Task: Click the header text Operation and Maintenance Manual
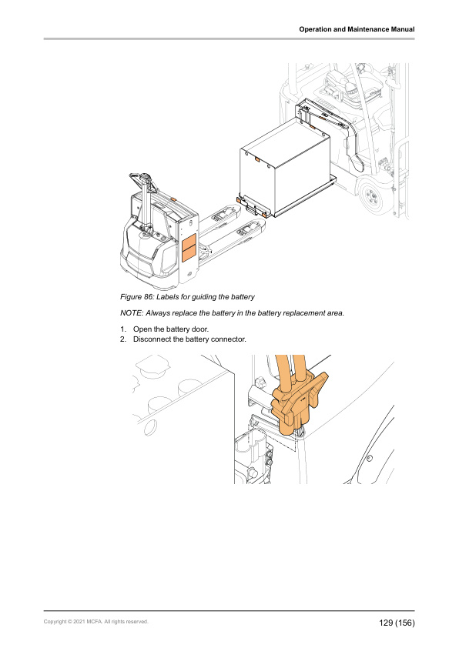[x=357, y=29]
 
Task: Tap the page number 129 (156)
[x=397, y=623]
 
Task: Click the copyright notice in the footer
[x=96, y=622]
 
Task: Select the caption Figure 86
[x=187, y=297]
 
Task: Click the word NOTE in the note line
[x=131, y=313]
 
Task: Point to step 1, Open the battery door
[x=165, y=329]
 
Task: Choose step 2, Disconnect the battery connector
[x=183, y=339]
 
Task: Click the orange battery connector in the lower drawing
[x=299, y=403]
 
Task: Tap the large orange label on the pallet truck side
[x=189, y=248]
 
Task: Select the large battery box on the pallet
[x=285, y=165]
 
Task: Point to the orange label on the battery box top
[x=256, y=159]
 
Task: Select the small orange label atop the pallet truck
[x=174, y=199]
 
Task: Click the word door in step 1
[x=200, y=329]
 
